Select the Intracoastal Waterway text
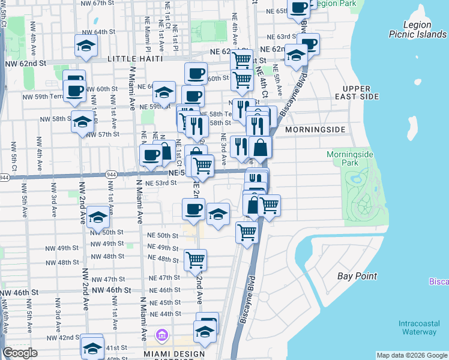[x=418, y=328]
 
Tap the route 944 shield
[x=4, y=178]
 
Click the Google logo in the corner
[x=20, y=353]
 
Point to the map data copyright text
[x=411, y=355]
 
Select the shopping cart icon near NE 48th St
[x=195, y=260]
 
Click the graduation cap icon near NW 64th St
[x=86, y=46]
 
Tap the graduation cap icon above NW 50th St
[x=98, y=217]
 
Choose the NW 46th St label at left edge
[x=19, y=292]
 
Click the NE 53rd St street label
[x=162, y=183]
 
